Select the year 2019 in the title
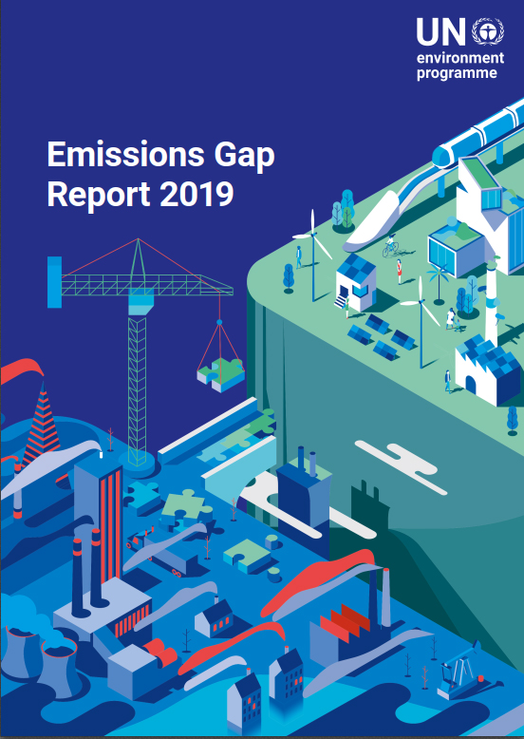click(x=196, y=194)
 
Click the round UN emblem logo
click(x=488, y=32)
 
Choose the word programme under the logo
click(x=457, y=73)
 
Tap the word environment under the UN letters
click(x=460, y=59)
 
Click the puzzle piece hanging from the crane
click(x=221, y=373)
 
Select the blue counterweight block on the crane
click(x=55, y=282)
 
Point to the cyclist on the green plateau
click(x=390, y=246)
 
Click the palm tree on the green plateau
click(x=438, y=284)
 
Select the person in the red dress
click(x=400, y=272)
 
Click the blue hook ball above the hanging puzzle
click(x=219, y=322)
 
